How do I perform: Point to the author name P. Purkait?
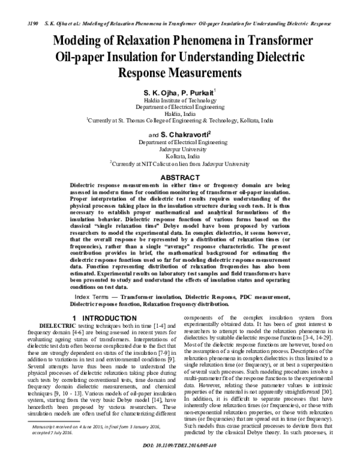pos(197,94)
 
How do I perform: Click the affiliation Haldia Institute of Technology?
pos(180,103)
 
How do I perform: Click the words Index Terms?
pos(95,297)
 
